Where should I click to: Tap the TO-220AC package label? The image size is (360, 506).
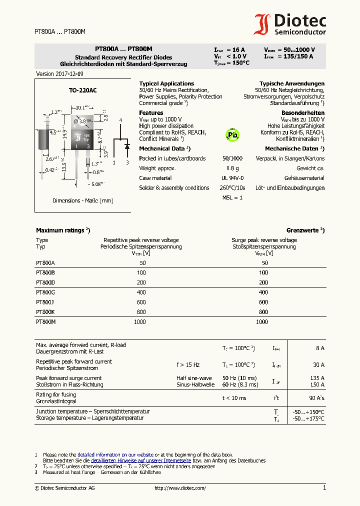82,90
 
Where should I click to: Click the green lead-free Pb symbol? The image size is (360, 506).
232,134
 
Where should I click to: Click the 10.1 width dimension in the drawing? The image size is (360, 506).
82,107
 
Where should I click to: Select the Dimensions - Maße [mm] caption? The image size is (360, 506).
82,200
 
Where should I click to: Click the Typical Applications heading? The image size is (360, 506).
166,83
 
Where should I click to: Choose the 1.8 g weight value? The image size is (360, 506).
232,168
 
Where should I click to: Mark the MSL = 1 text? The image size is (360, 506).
232,197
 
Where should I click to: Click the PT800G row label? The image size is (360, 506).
45,292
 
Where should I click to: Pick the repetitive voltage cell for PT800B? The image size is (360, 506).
141,273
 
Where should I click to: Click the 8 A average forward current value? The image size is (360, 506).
319,348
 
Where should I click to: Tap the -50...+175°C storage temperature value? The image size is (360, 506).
308,418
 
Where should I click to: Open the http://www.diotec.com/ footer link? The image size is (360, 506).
180,488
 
